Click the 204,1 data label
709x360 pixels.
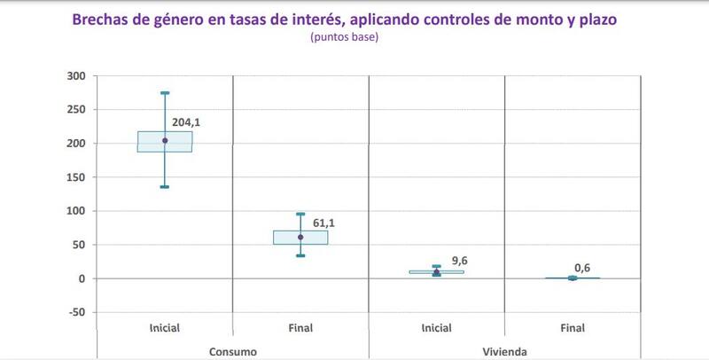point(186,123)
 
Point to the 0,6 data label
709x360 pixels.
point(582,268)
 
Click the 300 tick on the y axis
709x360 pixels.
point(76,76)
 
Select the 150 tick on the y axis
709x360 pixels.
point(76,177)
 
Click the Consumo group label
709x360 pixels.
point(233,352)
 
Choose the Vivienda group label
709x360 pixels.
point(504,352)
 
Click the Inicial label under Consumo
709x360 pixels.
point(165,328)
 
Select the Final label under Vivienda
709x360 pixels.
point(573,328)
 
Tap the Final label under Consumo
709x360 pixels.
point(300,328)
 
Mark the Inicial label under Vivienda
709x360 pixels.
point(436,328)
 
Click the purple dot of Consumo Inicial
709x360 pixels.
point(165,140)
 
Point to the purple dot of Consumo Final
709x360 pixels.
point(300,237)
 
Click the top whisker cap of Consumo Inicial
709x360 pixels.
point(165,92)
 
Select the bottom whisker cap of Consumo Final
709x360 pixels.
point(300,255)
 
